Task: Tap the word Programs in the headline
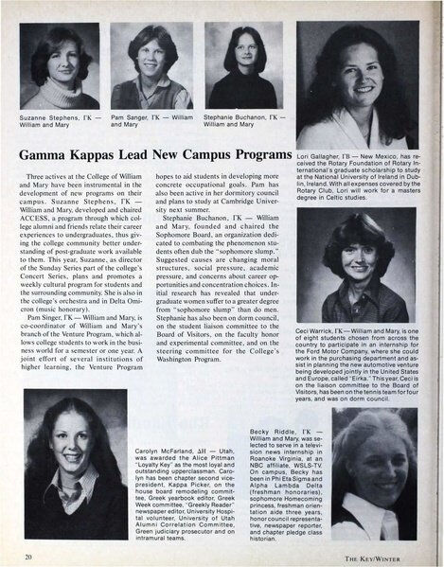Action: (254, 154)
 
